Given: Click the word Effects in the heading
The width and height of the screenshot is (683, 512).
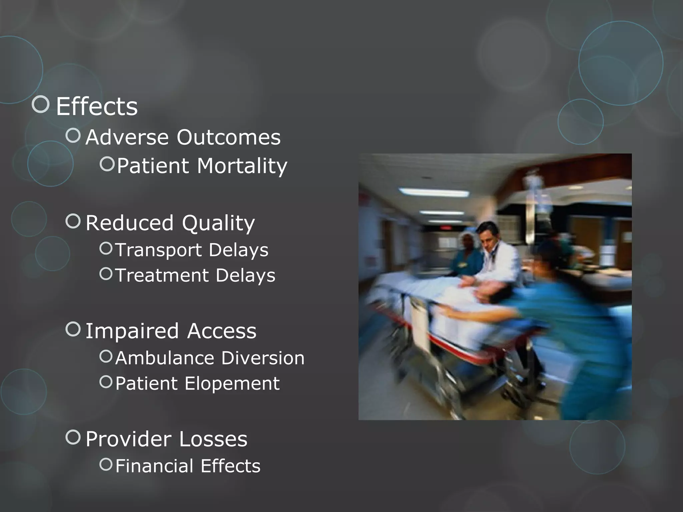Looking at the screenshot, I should (97, 106).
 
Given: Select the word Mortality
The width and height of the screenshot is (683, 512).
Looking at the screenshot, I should (242, 166).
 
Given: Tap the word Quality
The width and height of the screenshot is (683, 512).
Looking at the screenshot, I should (218, 223).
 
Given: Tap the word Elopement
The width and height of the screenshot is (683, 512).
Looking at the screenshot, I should (232, 383).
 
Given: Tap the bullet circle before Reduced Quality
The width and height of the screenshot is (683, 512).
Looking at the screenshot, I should (73, 221).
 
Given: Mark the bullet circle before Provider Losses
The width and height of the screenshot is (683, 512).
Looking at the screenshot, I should (73, 437).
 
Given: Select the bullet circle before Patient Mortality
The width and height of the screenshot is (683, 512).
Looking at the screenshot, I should (107, 164).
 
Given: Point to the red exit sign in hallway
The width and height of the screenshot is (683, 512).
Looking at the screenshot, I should (446, 228).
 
